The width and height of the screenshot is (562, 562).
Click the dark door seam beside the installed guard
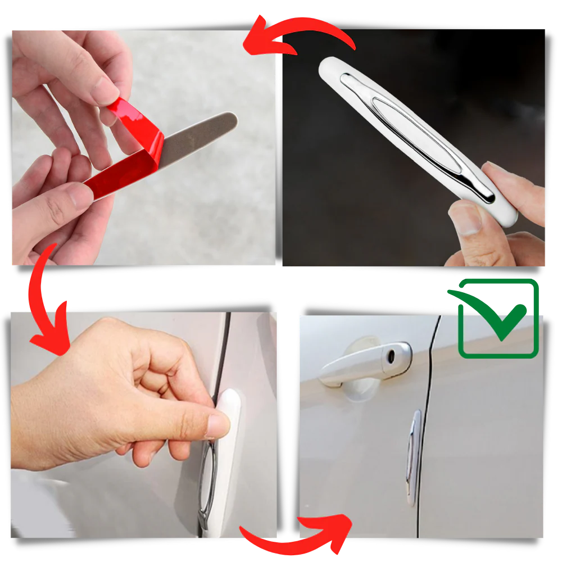tap(426, 438)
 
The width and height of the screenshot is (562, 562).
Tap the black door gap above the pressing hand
tap(224, 348)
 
